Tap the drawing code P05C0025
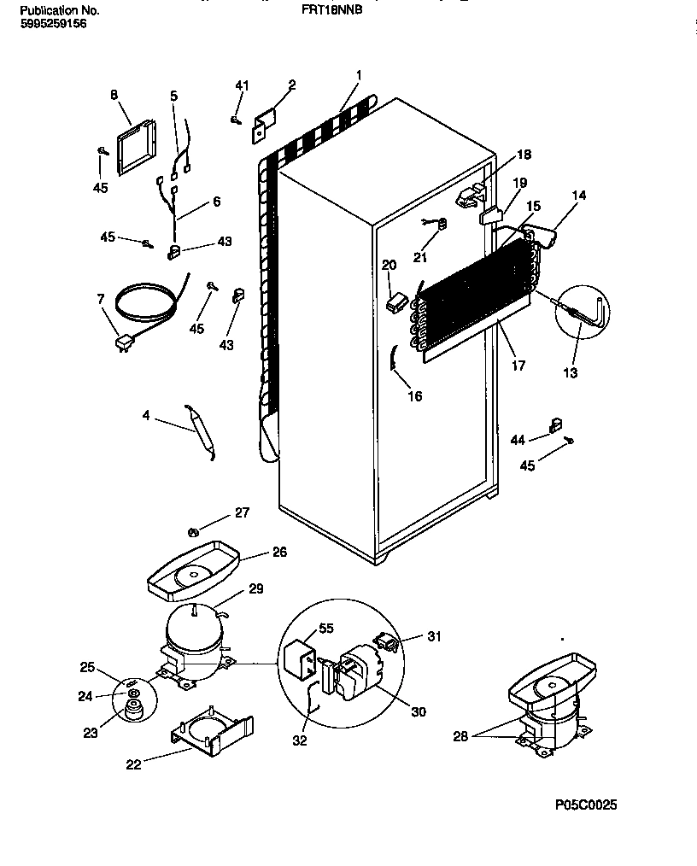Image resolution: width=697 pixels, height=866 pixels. tap(585, 805)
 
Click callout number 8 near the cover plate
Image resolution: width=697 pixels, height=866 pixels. tap(114, 96)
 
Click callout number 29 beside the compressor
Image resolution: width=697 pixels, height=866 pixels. tap(255, 588)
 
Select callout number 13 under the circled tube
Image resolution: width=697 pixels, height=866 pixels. tap(570, 372)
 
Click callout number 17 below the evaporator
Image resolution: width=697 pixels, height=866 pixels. tap(518, 366)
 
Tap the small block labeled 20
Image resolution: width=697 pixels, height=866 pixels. tap(395, 301)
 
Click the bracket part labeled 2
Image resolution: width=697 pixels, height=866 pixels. tap(264, 124)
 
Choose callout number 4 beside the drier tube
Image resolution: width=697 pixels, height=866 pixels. tap(146, 416)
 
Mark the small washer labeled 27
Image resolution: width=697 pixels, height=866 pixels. tap(193, 532)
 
